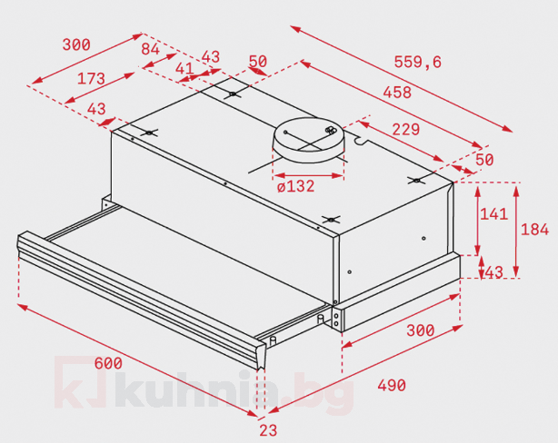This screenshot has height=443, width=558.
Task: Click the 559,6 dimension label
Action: point(417,62)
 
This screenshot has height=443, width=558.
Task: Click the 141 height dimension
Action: point(493,214)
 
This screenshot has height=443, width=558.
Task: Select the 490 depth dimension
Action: point(391,386)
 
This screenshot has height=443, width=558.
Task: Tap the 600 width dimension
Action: point(107,363)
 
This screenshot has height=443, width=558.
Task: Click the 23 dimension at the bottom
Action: point(268,430)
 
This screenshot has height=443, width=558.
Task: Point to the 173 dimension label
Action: point(91,78)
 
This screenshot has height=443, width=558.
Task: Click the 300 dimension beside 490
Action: point(420,330)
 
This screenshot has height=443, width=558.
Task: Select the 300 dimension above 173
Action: point(76,44)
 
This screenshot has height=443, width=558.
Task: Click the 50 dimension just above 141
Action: point(483,160)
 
